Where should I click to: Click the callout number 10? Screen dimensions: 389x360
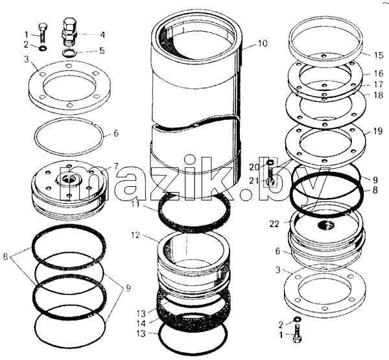click(263, 43)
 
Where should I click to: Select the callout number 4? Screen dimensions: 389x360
click(102, 34)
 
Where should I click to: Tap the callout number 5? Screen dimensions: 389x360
click(102, 51)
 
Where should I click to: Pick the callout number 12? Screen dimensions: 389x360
click(136, 235)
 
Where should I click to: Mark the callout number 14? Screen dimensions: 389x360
click(141, 324)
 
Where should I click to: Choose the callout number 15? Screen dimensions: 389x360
click(379, 55)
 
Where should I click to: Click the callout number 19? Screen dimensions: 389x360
click(378, 131)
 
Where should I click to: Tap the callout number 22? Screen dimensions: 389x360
click(274, 224)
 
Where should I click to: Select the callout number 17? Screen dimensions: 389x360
click(379, 84)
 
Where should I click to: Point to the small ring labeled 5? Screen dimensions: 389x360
click(69, 53)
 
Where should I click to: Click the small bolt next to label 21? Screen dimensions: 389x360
click(271, 176)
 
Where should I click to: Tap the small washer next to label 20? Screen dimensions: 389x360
click(270, 163)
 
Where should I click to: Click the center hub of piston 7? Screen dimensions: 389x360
click(68, 179)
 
